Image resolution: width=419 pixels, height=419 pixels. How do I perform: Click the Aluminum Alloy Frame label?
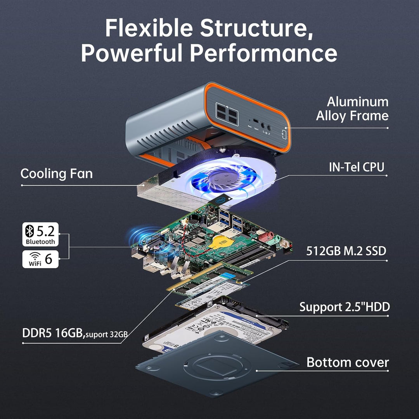click(x=352, y=109)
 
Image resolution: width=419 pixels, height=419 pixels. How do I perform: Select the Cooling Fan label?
click(x=57, y=173)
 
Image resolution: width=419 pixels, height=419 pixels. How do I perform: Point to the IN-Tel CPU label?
click(x=356, y=167)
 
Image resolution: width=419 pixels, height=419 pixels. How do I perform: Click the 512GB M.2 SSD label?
click(x=346, y=251)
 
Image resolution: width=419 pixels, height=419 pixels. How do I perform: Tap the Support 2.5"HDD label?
click(x=344, y=307)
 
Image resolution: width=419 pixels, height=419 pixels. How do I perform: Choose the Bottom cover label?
click(x=347, y=362)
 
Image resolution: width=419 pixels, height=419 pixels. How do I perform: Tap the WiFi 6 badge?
click(x=40, y=259)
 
